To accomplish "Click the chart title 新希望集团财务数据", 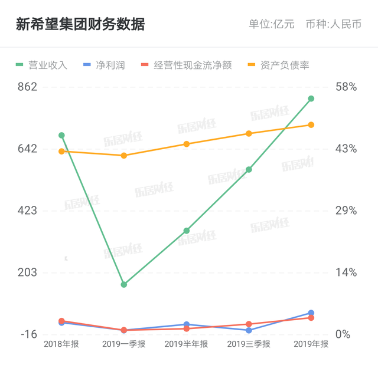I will coord(80,25).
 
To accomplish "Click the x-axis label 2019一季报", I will coord(124,344).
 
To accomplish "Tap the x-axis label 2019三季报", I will coord(249,344).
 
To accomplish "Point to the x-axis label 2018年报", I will coord(61,344).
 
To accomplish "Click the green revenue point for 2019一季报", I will coord(124,285).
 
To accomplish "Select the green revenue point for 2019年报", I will coord(311,98).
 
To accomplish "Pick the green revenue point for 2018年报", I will coord(61,135).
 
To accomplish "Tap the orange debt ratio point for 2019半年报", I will coord(187,144).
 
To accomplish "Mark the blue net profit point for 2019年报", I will coord(311,313).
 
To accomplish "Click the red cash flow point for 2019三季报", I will coord(249,324).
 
